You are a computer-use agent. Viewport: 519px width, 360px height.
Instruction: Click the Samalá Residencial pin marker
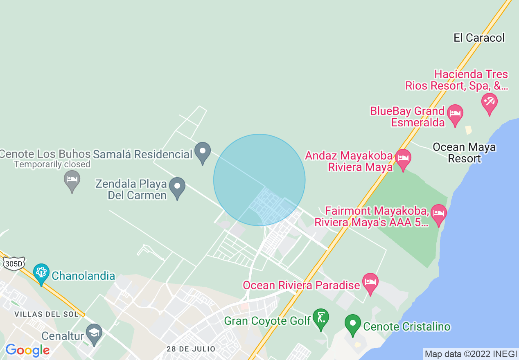pyautogui.click(x=202, y=152)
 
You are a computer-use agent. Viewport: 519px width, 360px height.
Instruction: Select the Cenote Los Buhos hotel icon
pyautogui.click(x=72, y=180)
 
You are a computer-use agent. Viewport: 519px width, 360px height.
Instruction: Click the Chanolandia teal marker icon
pyautogui.click(x=41, y=273)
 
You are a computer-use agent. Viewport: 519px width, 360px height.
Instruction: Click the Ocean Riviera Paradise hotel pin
pyautogui.click(x=370, y=283)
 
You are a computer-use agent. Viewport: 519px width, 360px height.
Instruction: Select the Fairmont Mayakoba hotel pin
pyautogui.click(x=439, y=214)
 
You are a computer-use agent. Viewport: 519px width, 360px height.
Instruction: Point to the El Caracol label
pyautogui.click(x=479, y=38)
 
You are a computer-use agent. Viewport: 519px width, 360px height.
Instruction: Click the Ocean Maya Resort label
pyautogui.click(x=464, y=153)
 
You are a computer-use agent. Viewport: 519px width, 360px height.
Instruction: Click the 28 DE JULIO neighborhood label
pyautogui.click(x=191, y=349)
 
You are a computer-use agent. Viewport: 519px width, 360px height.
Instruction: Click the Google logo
pyautogui.click(x=27, y=350)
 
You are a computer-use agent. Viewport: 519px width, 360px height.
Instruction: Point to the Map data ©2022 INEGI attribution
pyautogui.click(x=471, y=354)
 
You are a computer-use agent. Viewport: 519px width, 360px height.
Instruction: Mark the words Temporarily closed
pyautogui.click(x=52, y=164)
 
